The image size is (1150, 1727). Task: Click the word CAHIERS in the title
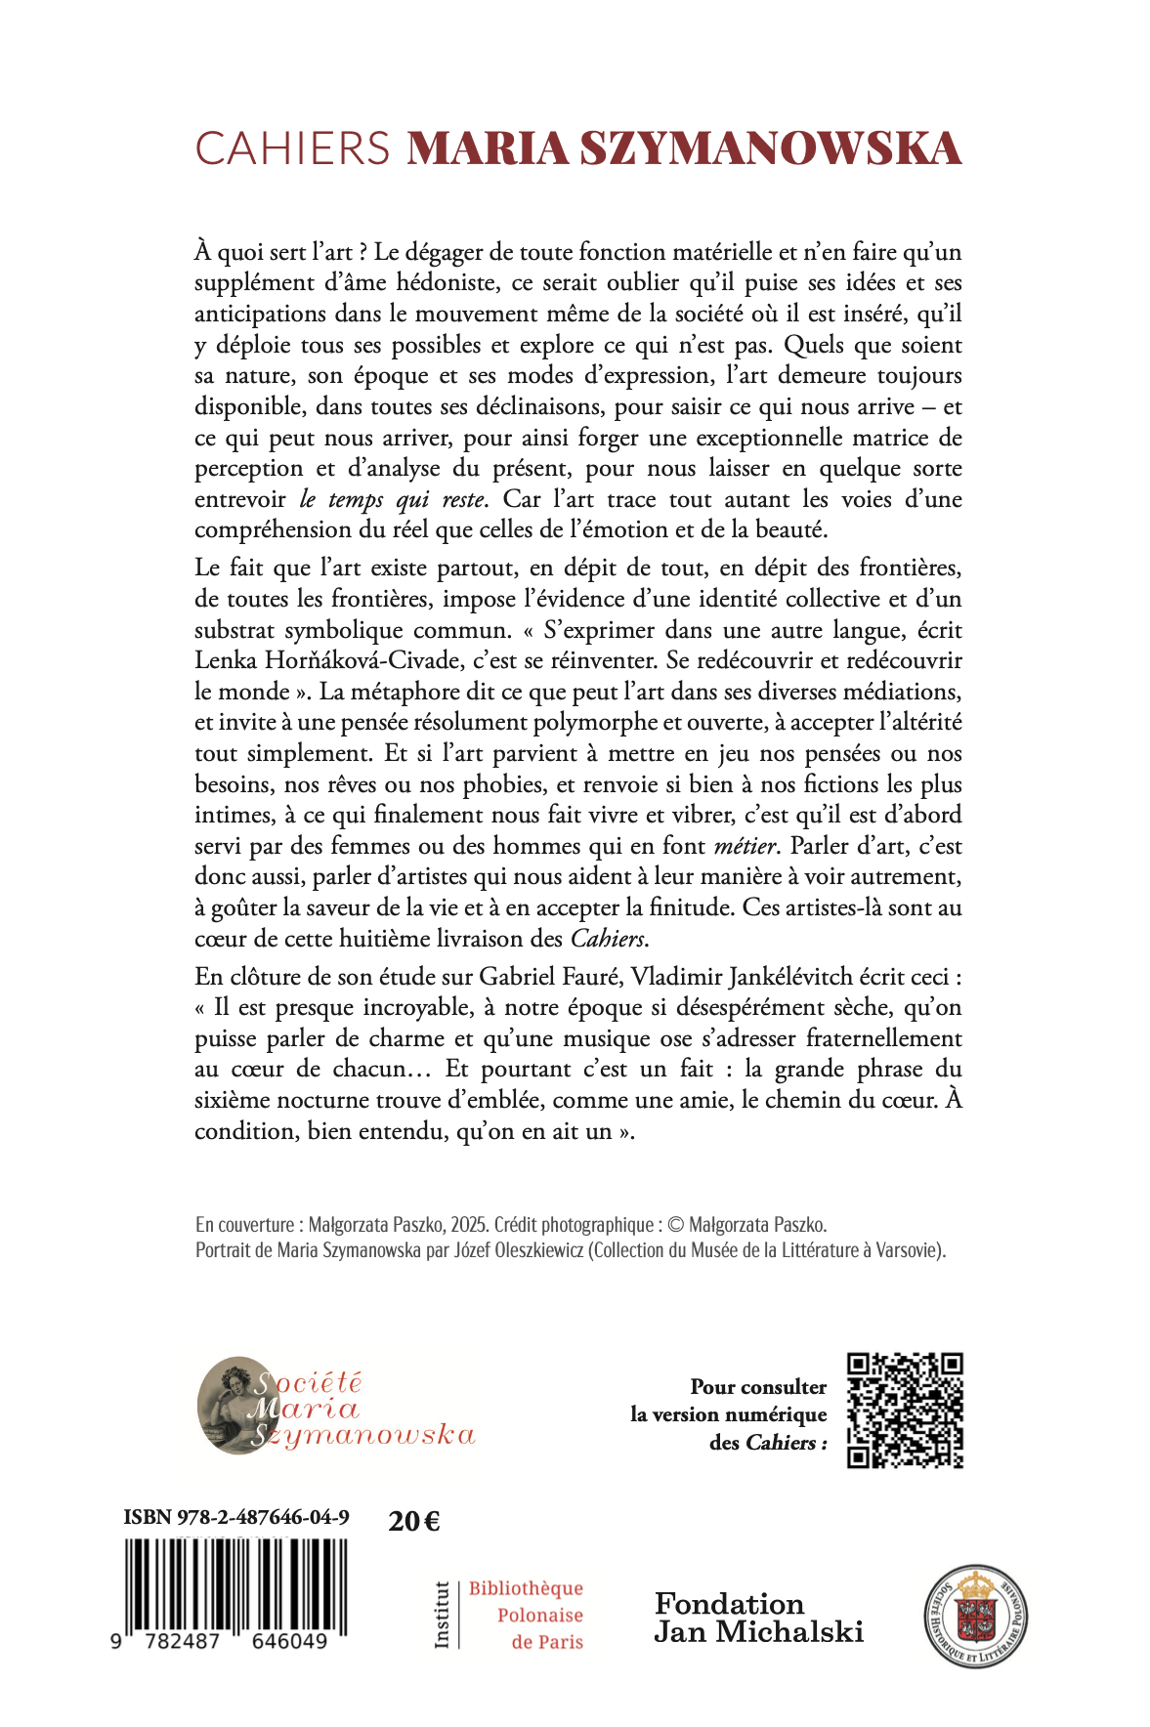(292, 148)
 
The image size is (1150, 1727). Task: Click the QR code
(905, 1411)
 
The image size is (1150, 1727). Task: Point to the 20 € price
(413, 1521)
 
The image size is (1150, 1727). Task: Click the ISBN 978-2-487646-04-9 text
(236, 1517)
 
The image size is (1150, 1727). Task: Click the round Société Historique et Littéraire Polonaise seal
(975, 1617)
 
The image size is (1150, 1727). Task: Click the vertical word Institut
(442, 1615)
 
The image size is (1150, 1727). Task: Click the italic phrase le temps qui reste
(392, 499)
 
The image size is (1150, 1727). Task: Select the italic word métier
(745, 845)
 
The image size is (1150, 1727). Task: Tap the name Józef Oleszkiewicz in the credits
(517, 1250)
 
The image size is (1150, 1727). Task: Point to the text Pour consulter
(758, 1386)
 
